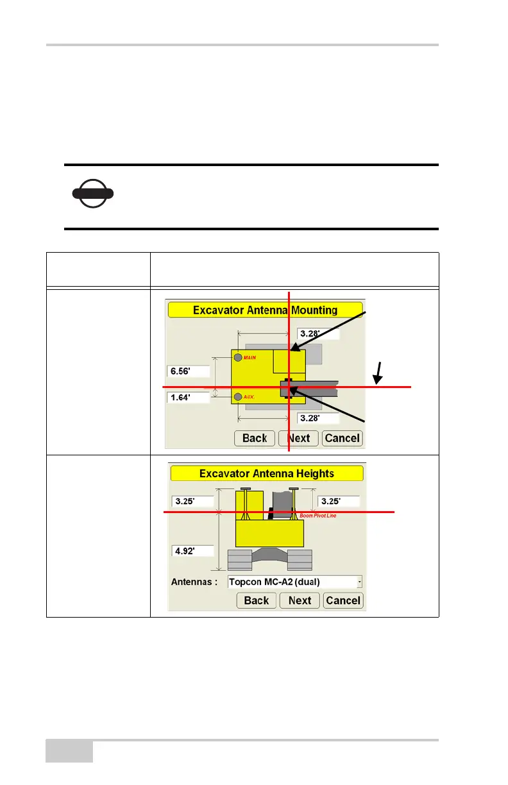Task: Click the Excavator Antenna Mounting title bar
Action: [265, 310]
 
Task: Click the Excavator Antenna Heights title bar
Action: [266, 474]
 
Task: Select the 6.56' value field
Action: [188, 371]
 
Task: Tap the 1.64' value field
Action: [188, 398]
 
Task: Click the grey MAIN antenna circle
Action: [238, 357]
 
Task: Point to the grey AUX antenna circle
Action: [238, 397]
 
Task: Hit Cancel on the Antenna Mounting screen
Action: [342, 438]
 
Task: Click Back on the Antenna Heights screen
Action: [257, 600]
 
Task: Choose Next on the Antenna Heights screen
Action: [300, 600]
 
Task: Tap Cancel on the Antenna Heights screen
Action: [343, 600]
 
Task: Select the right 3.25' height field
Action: [338, 501]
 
